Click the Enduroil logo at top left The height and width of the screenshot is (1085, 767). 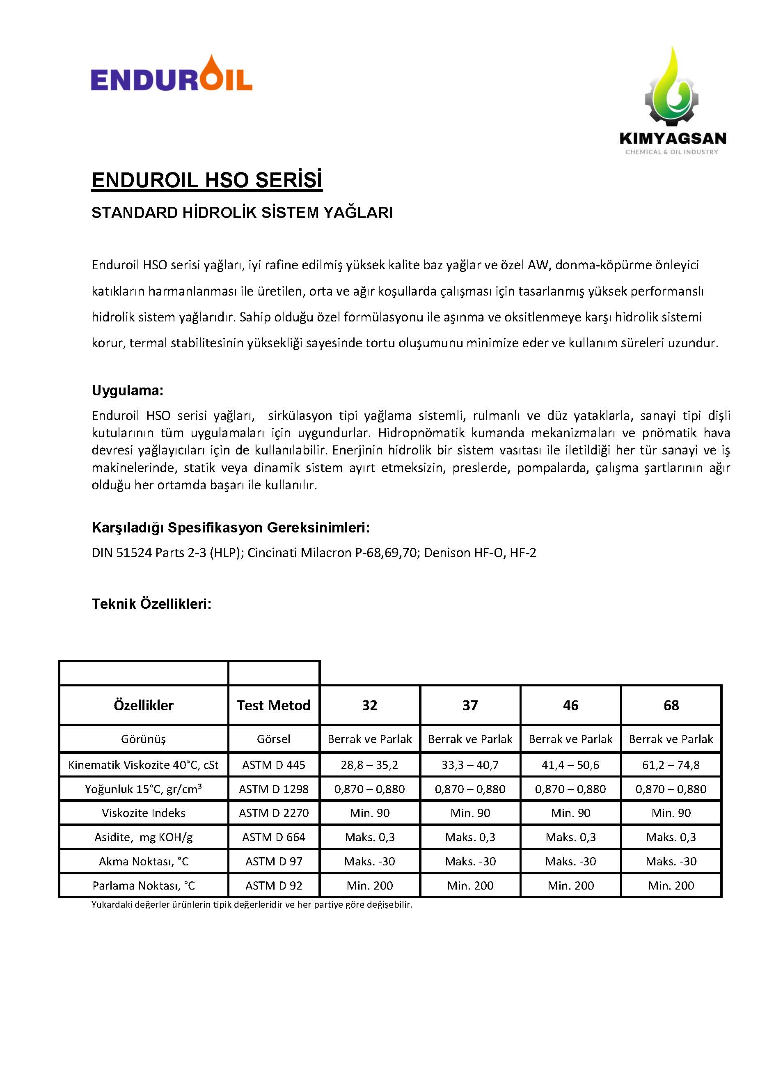(172, 74)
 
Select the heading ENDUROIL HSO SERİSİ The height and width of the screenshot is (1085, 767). (207, 180)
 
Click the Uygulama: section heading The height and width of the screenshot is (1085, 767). (128, 391)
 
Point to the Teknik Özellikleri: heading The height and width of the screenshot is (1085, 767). (151, 604)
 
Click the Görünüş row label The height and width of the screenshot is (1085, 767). (143, 739)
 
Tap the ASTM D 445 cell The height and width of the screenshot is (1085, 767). (273, 765)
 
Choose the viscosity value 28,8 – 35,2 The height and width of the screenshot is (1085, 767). (369, 765)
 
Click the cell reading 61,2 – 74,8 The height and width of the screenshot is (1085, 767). (671, 765)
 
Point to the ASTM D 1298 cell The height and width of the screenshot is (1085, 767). (273, 789)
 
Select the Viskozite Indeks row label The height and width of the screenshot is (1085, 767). (143, 813)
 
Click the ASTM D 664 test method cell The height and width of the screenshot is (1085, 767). (273, 837)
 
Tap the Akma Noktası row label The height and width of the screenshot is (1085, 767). (143, 861)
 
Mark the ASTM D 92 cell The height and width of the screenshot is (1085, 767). (273, 885)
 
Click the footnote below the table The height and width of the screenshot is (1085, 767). (252, 904)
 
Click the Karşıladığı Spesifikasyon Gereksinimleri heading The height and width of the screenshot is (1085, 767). (231, 528)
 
